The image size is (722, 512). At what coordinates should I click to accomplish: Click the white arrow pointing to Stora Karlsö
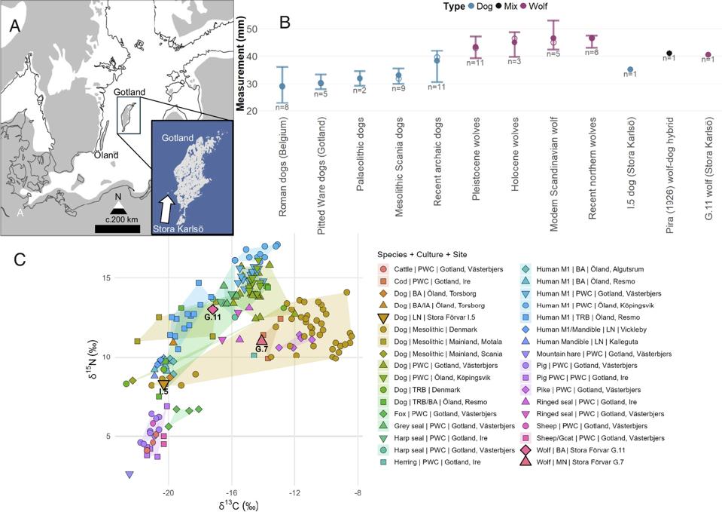point(167,206)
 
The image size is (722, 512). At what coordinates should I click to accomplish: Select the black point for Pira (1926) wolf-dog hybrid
point(669,54)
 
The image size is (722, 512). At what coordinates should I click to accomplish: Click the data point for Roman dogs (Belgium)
point(282,86)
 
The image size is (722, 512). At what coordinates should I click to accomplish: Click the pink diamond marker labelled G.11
point(212,309)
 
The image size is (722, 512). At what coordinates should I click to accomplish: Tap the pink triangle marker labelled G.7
point(262,339)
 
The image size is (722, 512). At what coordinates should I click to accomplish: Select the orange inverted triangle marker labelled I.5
point(163,385)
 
